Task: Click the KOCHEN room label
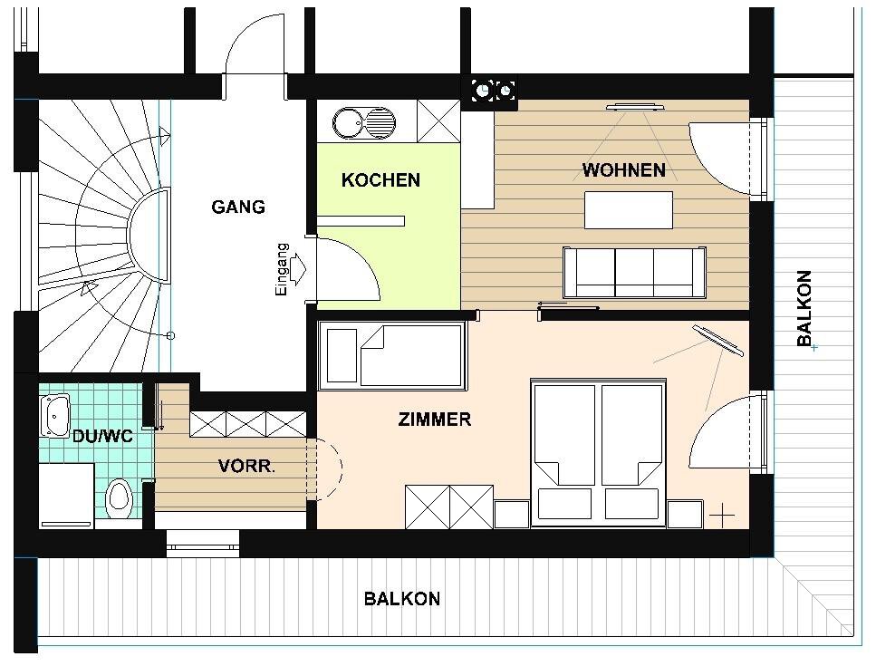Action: [x=380, y=180]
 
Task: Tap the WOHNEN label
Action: [x=623, y=169]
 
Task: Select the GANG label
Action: [x=238, y=207]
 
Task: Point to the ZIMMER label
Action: [x=434, y=419]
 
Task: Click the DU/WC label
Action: [x=102, y=436]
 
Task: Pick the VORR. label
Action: [x=246, y=466]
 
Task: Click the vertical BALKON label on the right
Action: [x=804, y=308]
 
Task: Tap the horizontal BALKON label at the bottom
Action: [x=401, y=599]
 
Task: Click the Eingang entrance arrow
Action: [x=299, y=263]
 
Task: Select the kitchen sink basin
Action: [x=348, y=123]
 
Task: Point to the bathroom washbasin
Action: [x=54, y=415]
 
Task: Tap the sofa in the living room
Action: [x=634, y=272]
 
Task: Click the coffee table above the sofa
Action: [x=629, y=209]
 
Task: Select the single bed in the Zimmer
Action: [x=391, y=355]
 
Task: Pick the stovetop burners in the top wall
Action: [x=494, y=90]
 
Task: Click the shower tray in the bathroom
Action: [x=67, y=495]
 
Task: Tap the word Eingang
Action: [x=281, y=269]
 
